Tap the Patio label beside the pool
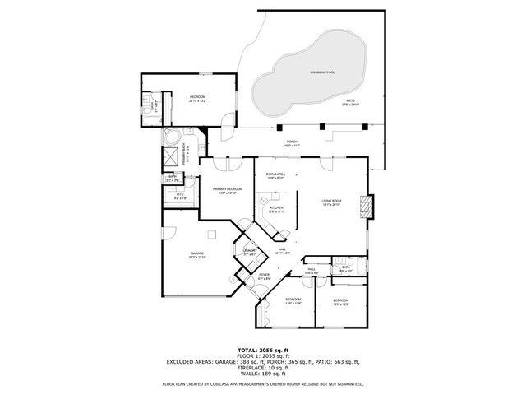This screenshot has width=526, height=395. [x=350, y=102]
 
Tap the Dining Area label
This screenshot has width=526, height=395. [x=275, y=175]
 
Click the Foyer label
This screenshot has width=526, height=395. [x=264, y=277]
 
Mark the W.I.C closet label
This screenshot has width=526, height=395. [x=180, y=196]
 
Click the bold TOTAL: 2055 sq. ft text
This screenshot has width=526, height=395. [x=263, y=349]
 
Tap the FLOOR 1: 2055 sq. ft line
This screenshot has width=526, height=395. [x=263, y=355]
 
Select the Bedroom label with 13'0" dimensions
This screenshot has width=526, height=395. [x=340, y=302]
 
